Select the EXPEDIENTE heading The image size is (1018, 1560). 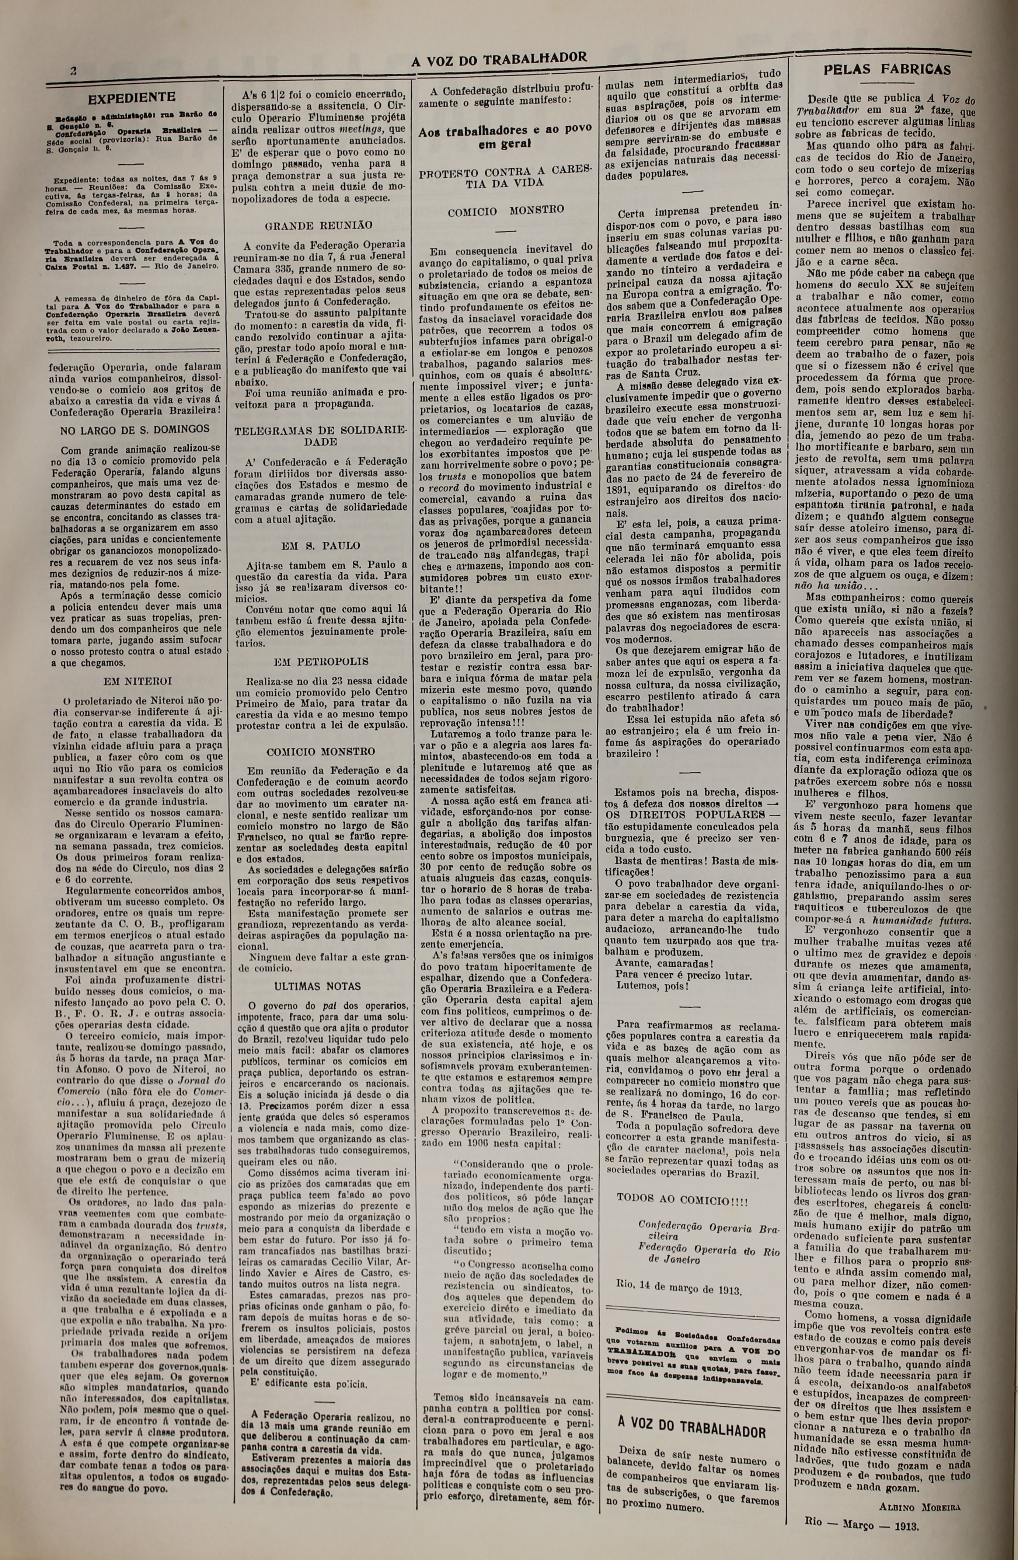pyautogui.click(x=131, y=98)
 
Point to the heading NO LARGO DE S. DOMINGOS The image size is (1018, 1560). pyautogui.click(x=135, y=429)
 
